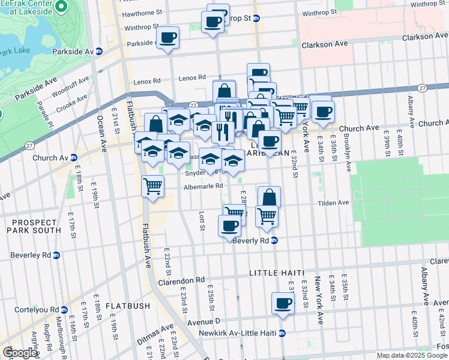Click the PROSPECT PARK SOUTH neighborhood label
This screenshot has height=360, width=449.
click(x=34, y=225)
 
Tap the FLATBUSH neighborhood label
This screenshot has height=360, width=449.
click(x=128, y=306)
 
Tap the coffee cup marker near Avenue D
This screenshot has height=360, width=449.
click(x=283, y=304)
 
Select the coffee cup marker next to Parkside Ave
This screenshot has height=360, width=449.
click(x=167, y=37)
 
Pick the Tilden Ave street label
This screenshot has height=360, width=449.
click(x=333, y=203)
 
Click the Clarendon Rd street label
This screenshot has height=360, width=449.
click(x=181, y=280)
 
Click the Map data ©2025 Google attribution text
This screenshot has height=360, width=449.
click(x=412, y=355)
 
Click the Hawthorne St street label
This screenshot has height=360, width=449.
click(x=142, y=12)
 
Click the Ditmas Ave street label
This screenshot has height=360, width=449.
click(x=142, y=331)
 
